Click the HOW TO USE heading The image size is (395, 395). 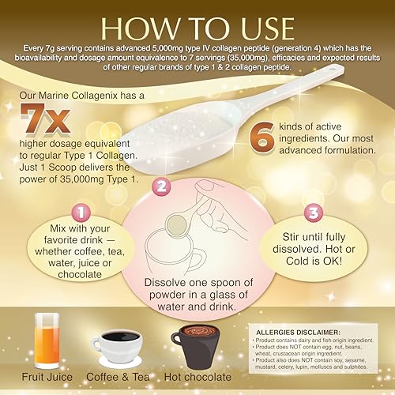pos(197,25)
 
